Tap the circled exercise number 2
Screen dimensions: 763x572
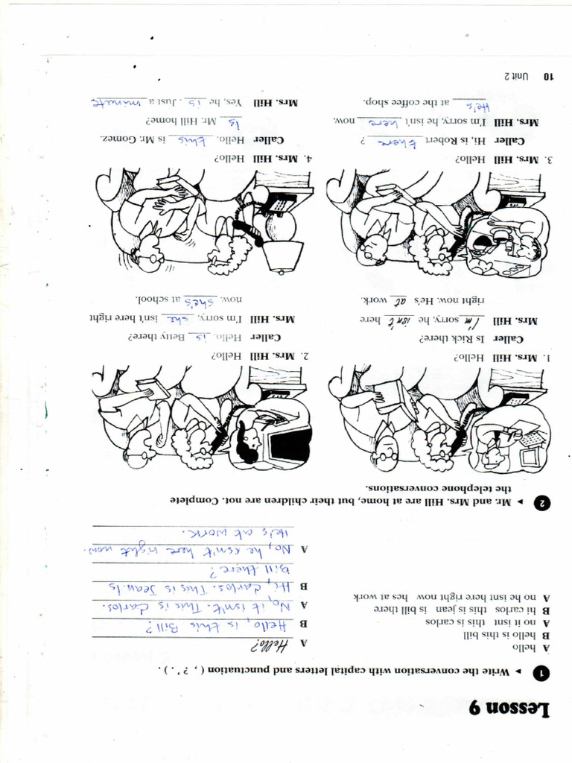[543, 503]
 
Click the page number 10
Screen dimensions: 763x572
[547, 76]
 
